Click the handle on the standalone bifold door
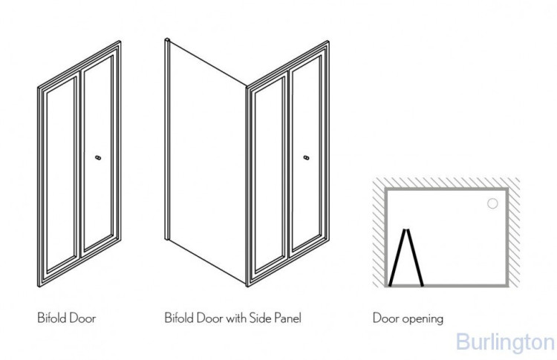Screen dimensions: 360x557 coord(97,157)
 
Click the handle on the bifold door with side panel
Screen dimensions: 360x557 coord(305,157)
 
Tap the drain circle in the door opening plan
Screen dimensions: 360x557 coord(492,203)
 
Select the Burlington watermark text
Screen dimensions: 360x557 coord(504,342)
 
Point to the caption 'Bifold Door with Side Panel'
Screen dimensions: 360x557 coord(232,318)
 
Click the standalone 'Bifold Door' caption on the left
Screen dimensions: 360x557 coord(66,318)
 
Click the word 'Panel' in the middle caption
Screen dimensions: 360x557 coord(287,318)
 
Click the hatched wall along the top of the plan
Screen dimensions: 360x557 coord(446,183)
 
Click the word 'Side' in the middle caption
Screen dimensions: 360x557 coord(256,318)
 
